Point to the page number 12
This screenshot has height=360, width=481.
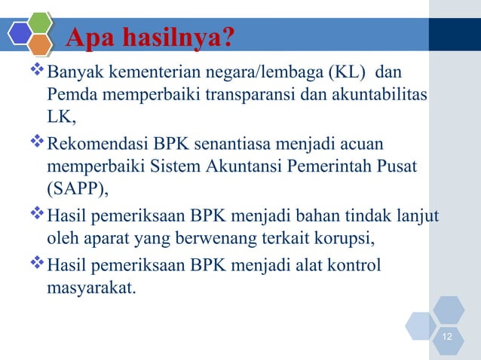449,335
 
